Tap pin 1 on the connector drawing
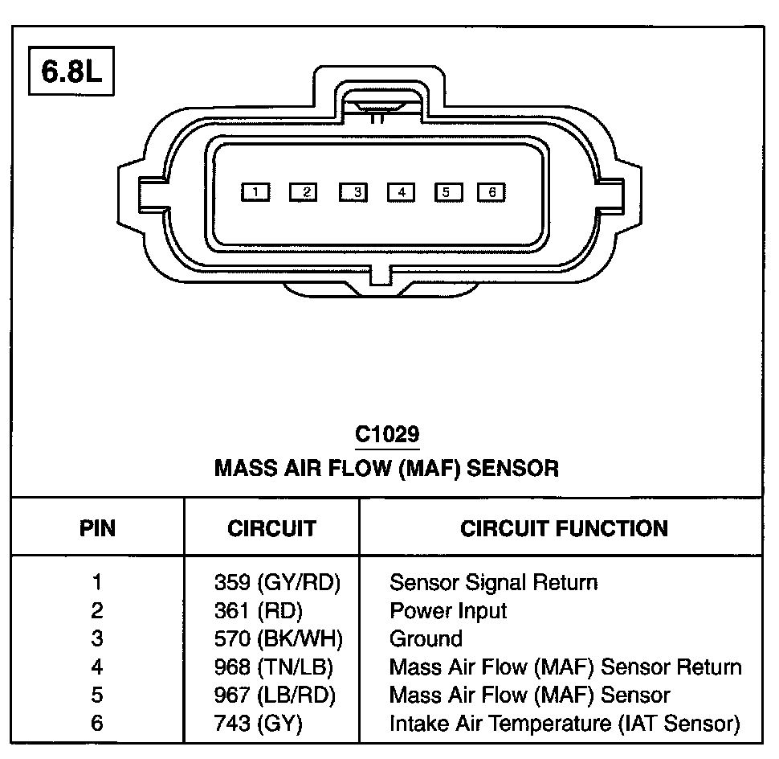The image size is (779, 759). pyautogui.click(x=255, y=192)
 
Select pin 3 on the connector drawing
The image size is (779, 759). pyautogui.click(x=353, y=192)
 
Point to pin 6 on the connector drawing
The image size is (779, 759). pyautogui.click(x=491, y=192)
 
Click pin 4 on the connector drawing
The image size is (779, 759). pyautogui.click(x=401, y=192)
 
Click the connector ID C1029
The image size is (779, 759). pyautogui.click(x=387, y=435)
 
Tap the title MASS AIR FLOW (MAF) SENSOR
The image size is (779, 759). pyautogui.click(x=386, y=467)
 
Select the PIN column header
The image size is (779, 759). pyautogui.click(x=97, y=528)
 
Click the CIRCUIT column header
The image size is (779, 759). pyautogui.click(x=271, y=528)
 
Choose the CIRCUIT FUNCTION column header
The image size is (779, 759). pyautogui.click(x=564, y=528)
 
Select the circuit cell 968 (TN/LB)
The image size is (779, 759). pyautogui.click(x=274, y=667)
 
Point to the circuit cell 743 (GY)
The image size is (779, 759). pyautogui.click(x=258, y=723)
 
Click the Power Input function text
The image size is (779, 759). pyautogui.click(x=448, y=610)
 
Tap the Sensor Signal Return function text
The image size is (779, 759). pyautogui.click(x=493, y=582)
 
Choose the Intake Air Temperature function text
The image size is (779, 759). pyautogui.click(x=564, y=723)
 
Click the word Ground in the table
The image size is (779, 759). pyautogui.click(x=426, y=638)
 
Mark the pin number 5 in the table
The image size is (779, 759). pyautogui.click(x=97, y=695)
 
